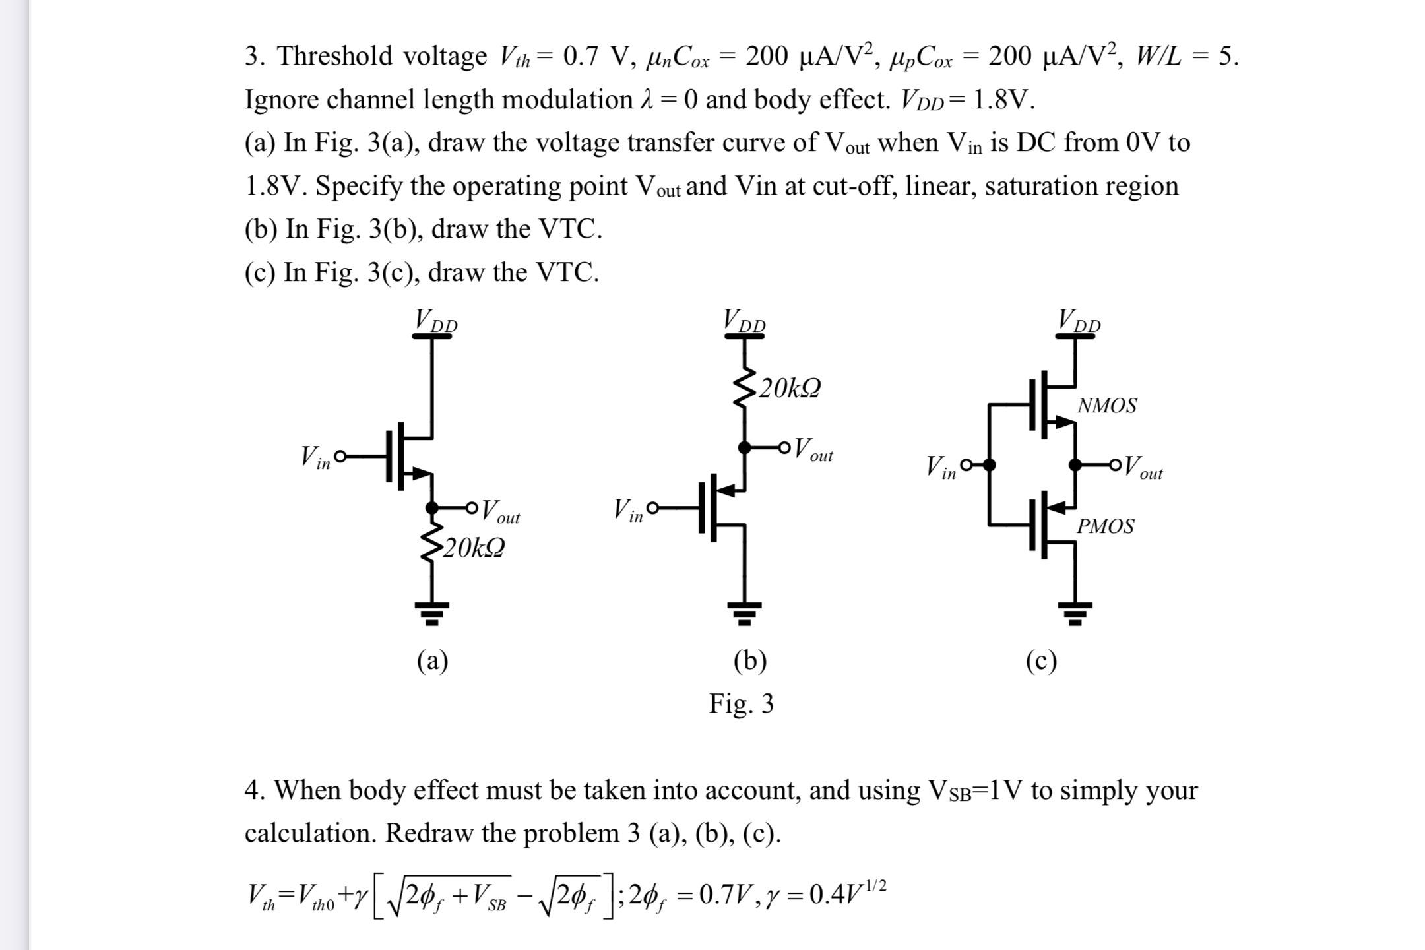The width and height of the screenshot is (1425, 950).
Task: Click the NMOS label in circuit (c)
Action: coord(1106,405)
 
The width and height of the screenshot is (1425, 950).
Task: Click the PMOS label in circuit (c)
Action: coord(1105,526)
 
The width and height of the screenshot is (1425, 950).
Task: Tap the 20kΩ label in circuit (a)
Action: coord(473,548)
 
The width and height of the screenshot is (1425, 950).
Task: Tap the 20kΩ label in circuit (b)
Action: coord(789,388)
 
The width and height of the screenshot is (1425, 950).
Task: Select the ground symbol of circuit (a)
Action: coord(432,613)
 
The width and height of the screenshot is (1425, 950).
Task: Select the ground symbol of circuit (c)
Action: coord(1075,613)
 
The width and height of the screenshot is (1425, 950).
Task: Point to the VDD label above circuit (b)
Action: coord(744,321)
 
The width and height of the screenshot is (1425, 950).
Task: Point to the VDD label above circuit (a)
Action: coord(435,321)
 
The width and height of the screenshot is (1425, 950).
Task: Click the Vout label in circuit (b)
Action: coord(813,450)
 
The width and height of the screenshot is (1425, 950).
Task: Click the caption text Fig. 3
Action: coord(741,703)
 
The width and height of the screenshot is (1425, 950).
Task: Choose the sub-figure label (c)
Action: coord(1041,660)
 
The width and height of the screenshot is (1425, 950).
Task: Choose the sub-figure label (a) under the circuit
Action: coord(432,660)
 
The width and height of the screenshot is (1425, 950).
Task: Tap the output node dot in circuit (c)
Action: coord(1075,465)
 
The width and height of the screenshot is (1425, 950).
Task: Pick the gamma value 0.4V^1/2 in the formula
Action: coord(847,893)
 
